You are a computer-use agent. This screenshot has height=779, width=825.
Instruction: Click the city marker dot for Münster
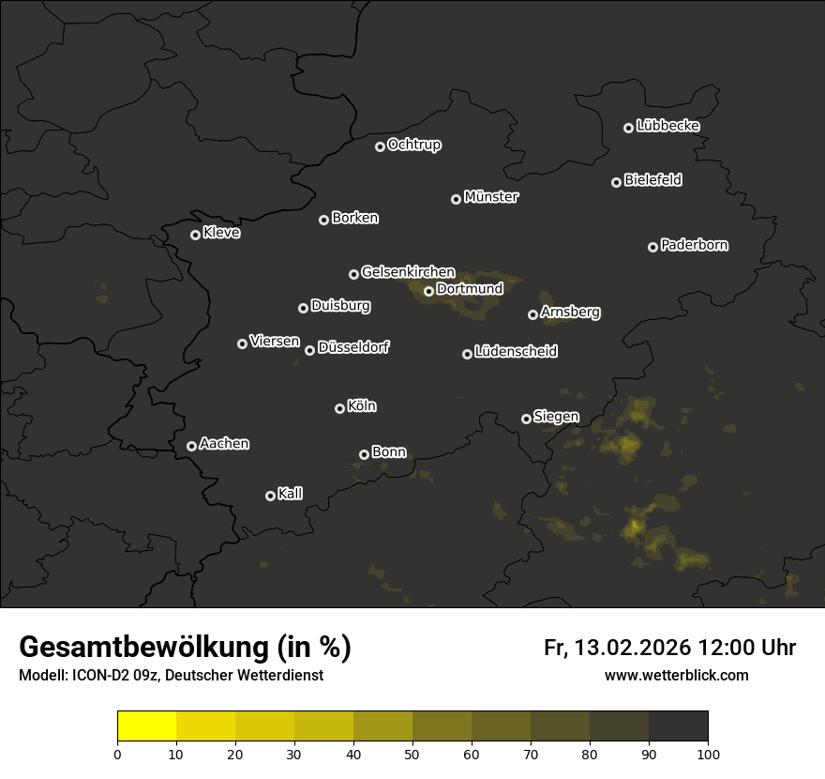tap(457, 199)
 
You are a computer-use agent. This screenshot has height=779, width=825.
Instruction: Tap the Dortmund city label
tap(470, 289)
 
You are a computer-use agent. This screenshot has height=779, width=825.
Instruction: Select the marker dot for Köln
tap(339, 408)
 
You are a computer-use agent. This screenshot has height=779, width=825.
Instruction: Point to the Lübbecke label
tap(667, 126)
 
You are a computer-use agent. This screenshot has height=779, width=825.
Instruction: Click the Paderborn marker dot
tap(652, 247)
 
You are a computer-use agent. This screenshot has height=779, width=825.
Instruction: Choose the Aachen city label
tap(224, 444)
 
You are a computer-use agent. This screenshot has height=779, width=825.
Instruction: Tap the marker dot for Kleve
tap(195, 235)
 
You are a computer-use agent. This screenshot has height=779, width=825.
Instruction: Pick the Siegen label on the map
tap(556, 417)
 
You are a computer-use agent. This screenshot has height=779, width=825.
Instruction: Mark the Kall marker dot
tap(270, 496)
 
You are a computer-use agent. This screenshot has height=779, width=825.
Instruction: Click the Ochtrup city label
tap(413, 145)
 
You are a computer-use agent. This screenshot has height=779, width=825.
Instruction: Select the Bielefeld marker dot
tap(616, 182)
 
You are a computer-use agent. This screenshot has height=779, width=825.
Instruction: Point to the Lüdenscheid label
tap(516, 352)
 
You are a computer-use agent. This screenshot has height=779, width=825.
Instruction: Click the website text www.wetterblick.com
tap(676, 675)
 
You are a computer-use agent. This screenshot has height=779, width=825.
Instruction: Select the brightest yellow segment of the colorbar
tap(146, 726)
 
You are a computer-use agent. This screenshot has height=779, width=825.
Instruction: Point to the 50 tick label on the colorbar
tap(412, 754)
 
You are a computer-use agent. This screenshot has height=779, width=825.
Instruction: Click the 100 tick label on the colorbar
tap(708, 754)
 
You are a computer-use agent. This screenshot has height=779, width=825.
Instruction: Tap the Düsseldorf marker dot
tap(309, 350)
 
